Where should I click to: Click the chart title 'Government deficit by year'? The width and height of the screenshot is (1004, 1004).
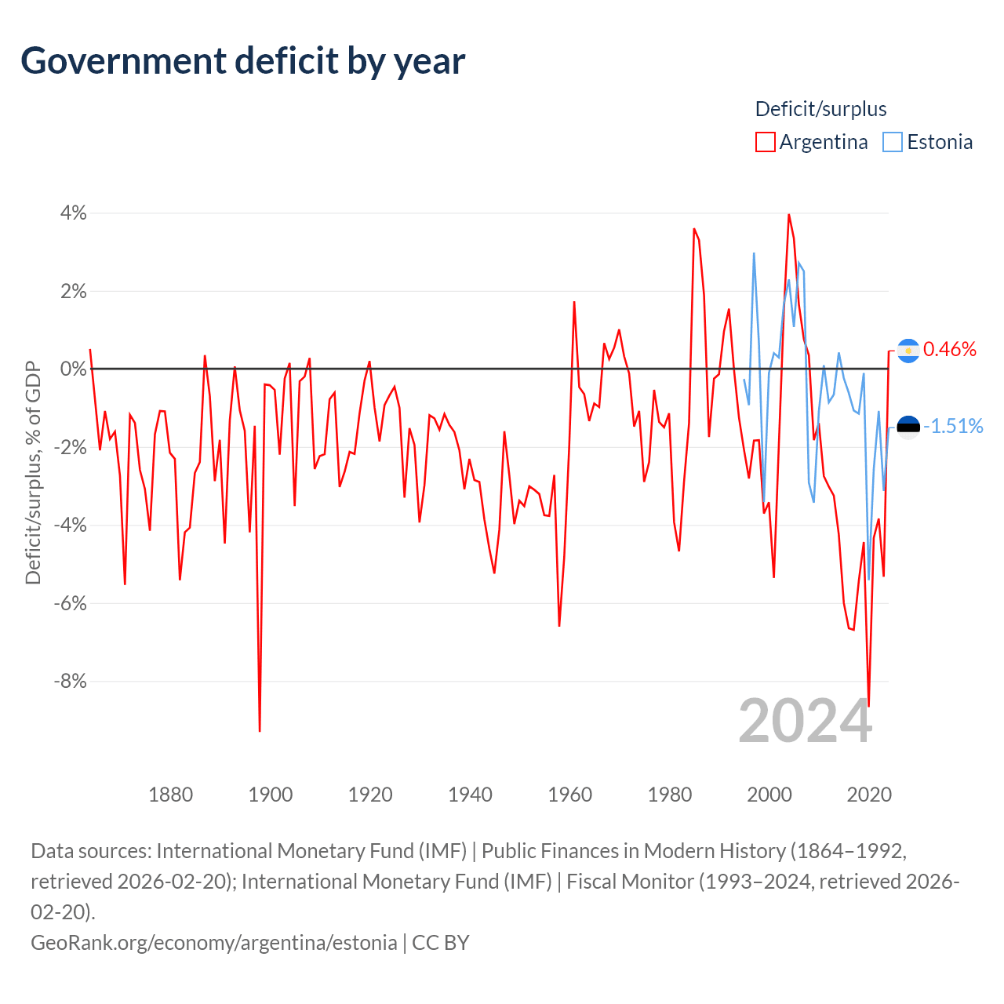pos(243,61)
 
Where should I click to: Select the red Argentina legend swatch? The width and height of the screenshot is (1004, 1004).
pos(765,142)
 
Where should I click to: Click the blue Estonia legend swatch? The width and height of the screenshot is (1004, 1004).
pos(893,142)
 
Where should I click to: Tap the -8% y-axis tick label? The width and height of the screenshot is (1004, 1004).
pos(70,681)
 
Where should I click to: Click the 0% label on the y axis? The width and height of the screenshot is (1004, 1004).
pos(74,369)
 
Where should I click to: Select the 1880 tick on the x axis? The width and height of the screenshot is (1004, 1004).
pos(170,795)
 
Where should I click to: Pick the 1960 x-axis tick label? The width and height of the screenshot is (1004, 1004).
pos(570,795)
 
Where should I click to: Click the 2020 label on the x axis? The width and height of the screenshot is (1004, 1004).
pos(869,795)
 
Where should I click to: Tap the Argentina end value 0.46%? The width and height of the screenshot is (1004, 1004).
pos(950,349)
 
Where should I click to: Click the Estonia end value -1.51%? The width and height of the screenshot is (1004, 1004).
pos(953,426)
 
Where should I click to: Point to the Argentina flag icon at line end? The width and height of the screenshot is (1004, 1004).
pos(908,350)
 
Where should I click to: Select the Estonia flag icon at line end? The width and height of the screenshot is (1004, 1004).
pos(908,427)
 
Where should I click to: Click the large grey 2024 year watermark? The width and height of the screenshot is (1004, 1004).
pos(805,721)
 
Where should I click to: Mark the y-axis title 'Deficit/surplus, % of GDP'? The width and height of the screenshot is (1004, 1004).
pos(33,472)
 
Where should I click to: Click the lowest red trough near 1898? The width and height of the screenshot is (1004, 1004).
pos(260,730)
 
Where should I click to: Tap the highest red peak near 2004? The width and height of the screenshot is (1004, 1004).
pos(788,215)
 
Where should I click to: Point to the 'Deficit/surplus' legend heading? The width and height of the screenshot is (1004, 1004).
pos(820,109)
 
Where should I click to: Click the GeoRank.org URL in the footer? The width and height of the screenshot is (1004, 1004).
pos(213,942)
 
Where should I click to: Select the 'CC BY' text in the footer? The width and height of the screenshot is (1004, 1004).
pos(441,942)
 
